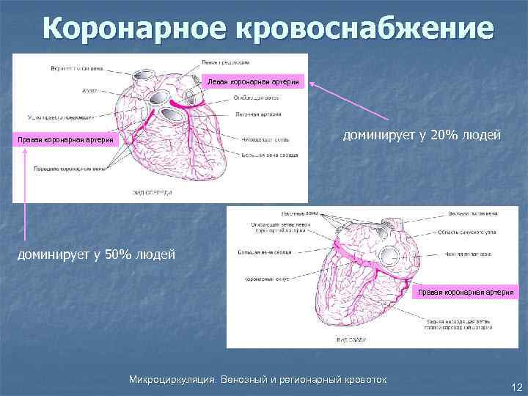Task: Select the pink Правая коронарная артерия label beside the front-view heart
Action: [x=67, y=140]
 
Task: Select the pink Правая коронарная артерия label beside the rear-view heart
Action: [x=468, y=292]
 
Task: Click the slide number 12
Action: [x=516, y=386]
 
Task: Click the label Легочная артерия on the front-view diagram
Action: [x=257, y=115]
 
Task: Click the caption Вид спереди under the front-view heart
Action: [x=152, y=193]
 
